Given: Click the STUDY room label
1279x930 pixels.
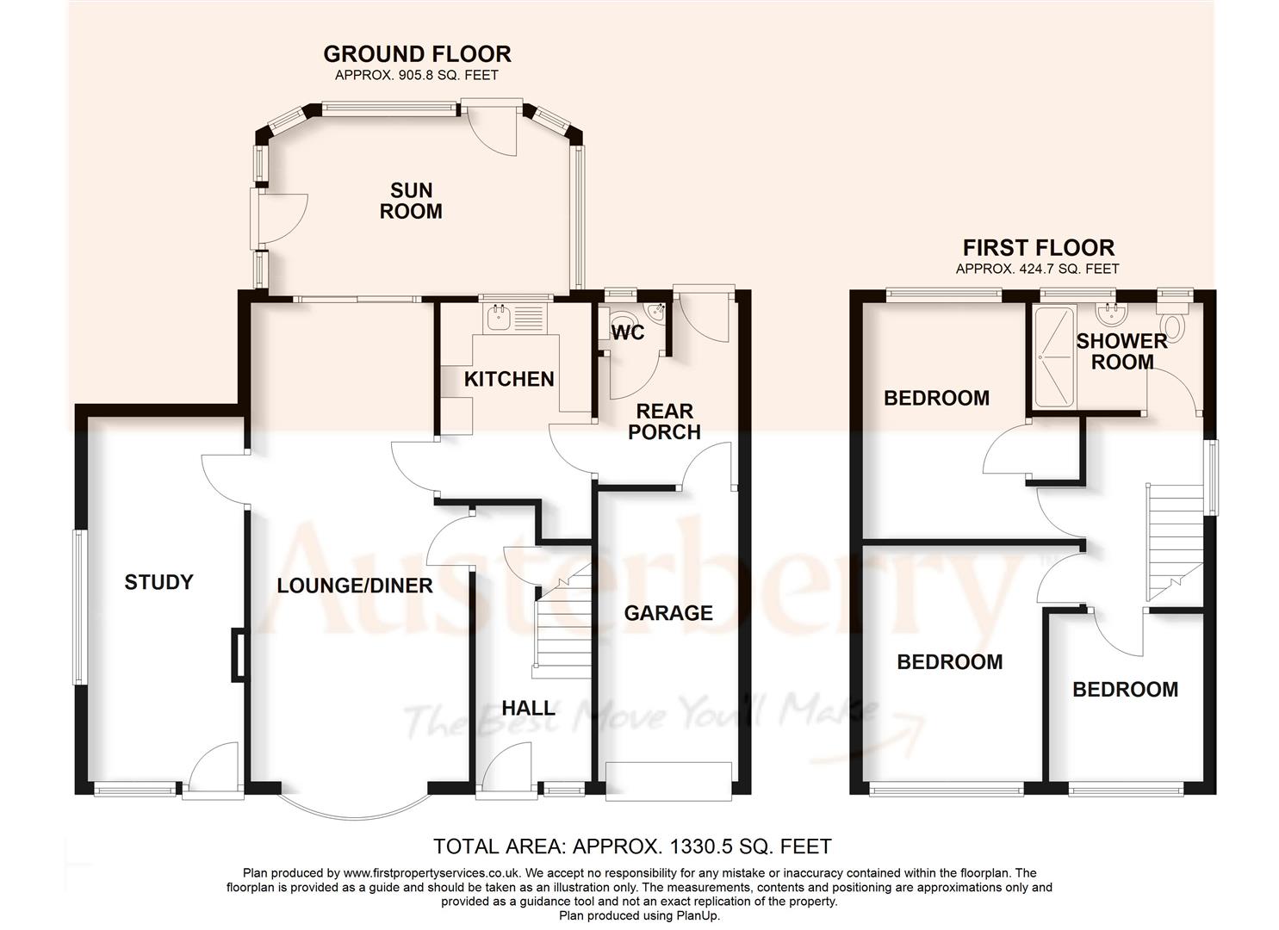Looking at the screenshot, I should pyautogui.click(x=158, y=583).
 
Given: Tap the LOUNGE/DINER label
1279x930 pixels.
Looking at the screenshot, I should pyautogui.click(x=354, y=586).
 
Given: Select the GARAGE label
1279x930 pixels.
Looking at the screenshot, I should pyautogui.click(x=668, y=613).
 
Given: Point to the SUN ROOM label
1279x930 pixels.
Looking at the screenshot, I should pyautogui.click(x=411, y=201).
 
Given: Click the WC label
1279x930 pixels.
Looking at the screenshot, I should pyautogui.click(x=628, y=332).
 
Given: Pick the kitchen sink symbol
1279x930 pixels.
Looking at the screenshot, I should pyautogui.click(x=499, y=318).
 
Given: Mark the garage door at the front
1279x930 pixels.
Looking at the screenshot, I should pyautogui.click(x=669, y=779).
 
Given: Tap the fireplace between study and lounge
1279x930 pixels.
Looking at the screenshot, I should pyautogui.click(x=238, y=656).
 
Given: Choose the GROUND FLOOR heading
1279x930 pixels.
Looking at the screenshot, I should pyautogui.click(x=417, y=54).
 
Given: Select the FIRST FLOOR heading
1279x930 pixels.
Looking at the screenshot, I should pyautogui.click(x=1038, y=248).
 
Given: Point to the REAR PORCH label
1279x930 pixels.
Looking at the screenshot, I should pyautogui.click(x=664, y=421).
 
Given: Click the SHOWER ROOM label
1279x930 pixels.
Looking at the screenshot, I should pyautogui.click(x=1121, y=350).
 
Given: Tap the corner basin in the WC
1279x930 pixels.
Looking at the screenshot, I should pyautogui.click(x=657, y=312).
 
